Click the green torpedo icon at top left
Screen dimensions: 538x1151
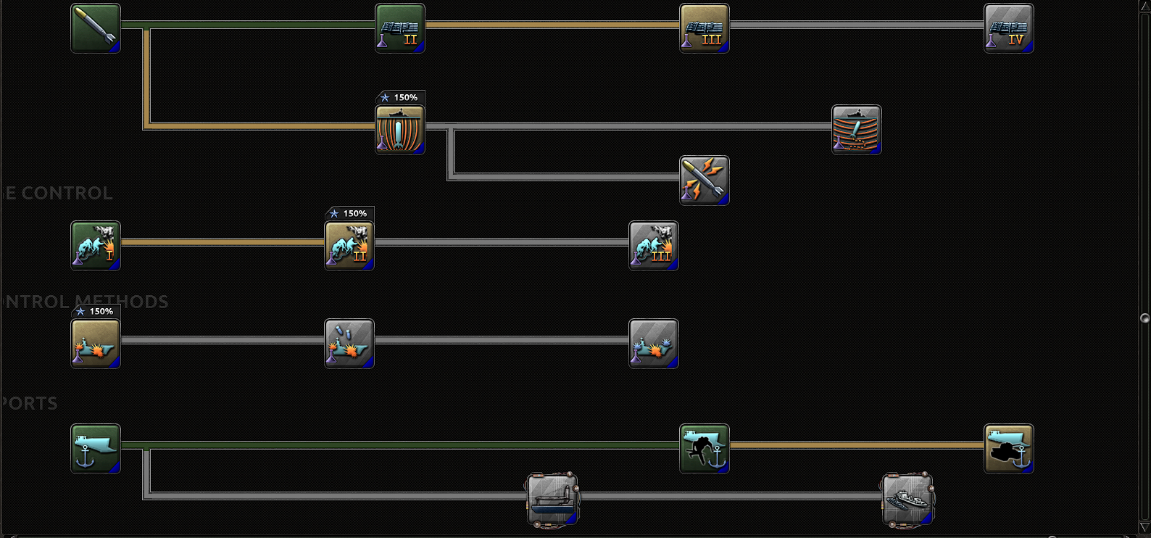coord(96,28)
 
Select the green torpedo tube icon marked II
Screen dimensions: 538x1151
coord(400,28)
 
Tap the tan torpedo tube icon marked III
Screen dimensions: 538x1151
coord(705,28)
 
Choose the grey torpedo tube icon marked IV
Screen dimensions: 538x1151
coord(1009,28)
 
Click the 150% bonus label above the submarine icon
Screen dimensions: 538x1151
coord(400,97)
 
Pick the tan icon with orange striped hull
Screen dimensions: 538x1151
coord(400,130)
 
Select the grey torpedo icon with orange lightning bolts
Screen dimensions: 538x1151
coord(705,181)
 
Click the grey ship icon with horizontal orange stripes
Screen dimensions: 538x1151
coord(857,130)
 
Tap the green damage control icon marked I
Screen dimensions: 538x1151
coord(96,246)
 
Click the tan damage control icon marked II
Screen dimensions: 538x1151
coord(349,246)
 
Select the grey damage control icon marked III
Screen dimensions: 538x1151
coord(654,246)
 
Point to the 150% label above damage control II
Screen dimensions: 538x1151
coord(349,213)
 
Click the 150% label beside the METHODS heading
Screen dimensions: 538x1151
coord(96,311)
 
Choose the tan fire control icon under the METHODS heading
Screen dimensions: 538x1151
coord(96,344)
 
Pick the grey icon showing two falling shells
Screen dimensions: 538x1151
coord(349,344)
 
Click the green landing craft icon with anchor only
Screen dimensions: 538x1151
coord(96,449)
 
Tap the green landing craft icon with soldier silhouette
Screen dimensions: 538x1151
coord(705,449)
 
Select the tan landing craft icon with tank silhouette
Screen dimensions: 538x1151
coord(1009,449)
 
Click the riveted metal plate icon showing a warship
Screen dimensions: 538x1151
coord(907,500)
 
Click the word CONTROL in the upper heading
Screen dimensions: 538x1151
coord(67,193)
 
